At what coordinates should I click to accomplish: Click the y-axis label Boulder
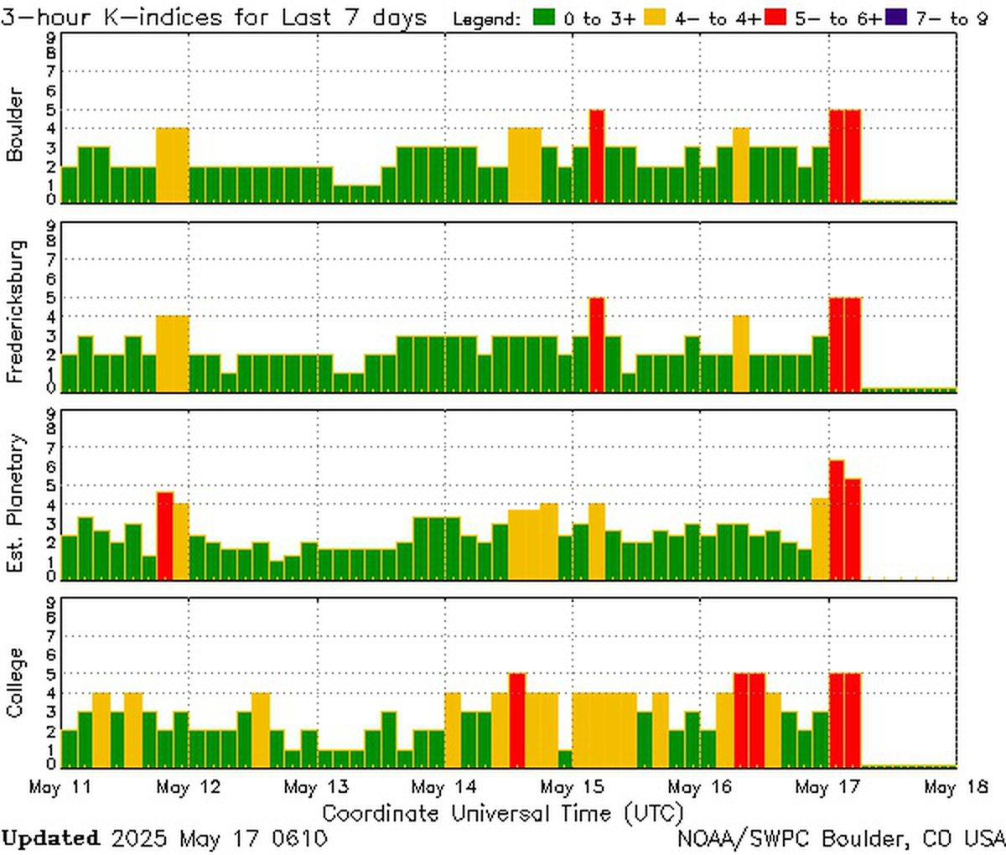click(x=14, y=124)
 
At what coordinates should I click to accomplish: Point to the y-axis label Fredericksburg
click(x=14, y=312)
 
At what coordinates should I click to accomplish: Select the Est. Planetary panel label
click(x=14, y=503)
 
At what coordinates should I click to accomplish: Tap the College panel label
click(x=14, y=682)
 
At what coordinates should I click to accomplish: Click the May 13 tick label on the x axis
click(x=317, y=788)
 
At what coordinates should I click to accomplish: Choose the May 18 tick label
click(x=952, y=788)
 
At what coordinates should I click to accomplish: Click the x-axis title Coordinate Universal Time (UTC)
click(x=503, y=813)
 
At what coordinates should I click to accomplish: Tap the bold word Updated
click(x=50, y=838)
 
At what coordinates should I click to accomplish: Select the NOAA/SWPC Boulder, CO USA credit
click(x=841, y=838)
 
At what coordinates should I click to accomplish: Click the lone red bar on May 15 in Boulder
click(x=597, y=156)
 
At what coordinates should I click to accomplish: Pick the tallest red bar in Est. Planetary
click(x=837, y=520)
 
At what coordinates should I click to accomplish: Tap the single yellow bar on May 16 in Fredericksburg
click(x=741, y=353)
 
